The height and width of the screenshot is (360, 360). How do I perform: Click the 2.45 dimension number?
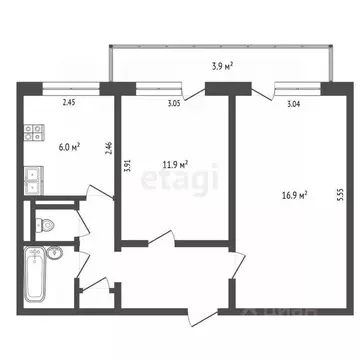(x=69, y=102)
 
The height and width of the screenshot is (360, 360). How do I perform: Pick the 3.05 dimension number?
(x=172, y=102)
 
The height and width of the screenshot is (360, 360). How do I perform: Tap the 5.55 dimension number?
(x=339, y=197)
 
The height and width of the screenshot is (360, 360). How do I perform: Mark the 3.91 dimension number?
(x=127, y=167)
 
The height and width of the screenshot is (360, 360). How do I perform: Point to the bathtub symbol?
(x=38, y=268)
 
